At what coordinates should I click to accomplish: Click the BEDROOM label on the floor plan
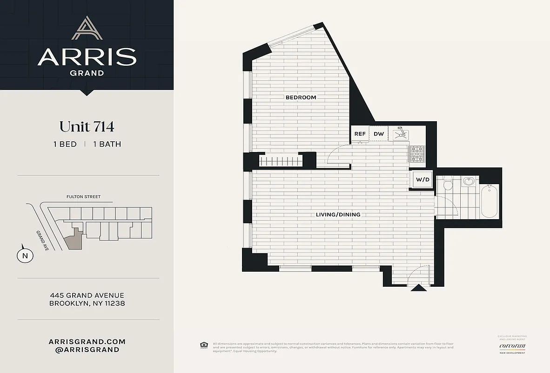(x=301, y=97)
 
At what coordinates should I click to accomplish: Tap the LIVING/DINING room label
(x=338, y=214)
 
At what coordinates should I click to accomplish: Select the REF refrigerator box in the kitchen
(x=360, y=134)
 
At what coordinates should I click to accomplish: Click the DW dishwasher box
(x=379, y=134)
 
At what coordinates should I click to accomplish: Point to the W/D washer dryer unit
(x=423, y=180)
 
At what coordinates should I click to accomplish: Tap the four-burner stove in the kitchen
(x=417, y=153)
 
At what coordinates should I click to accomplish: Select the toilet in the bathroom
(x=449, y=184)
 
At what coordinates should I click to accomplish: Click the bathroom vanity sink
(x=468, y=182)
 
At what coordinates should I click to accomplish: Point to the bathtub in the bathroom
(x=490, y=201)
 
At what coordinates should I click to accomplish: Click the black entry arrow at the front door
(x=419, y=288)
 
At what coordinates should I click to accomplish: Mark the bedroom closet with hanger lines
(x=281, y=161)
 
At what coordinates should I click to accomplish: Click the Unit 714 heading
(x=87, y=126)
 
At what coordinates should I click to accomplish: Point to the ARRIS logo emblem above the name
(x=87, y=28)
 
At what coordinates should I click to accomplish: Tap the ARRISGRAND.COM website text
(x=87, y=341)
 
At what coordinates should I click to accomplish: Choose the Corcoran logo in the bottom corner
(x=512, y=345)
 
